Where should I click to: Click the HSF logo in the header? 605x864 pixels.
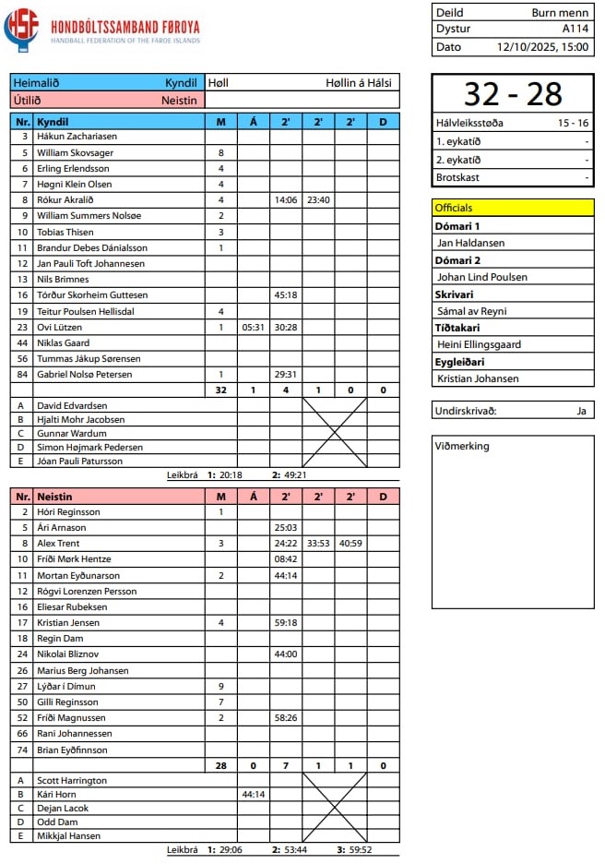pos(21,30)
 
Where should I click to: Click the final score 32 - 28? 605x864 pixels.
pos(513,94)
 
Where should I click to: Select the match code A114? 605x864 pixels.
pos(575,30)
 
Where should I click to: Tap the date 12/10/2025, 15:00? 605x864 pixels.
pos(542,46)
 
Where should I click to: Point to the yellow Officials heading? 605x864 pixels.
pos(454,208)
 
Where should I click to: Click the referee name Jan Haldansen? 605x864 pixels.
pos(469,243)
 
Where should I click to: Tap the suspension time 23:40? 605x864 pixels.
pos(318,199)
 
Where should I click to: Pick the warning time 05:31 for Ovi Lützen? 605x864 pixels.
pos(253,327)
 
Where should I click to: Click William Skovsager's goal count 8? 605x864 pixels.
pos(220,152)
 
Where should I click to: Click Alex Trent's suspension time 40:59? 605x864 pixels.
pos(350,544)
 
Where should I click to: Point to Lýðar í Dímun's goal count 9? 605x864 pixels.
pos(220,686)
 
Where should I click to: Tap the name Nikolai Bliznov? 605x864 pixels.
pos(69,654)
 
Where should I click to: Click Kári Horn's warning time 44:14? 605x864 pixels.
pos(253,794)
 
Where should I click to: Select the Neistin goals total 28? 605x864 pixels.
pos(220,765)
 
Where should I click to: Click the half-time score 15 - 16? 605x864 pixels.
pos(573,123)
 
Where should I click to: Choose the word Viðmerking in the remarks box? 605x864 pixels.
pos(462,447)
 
